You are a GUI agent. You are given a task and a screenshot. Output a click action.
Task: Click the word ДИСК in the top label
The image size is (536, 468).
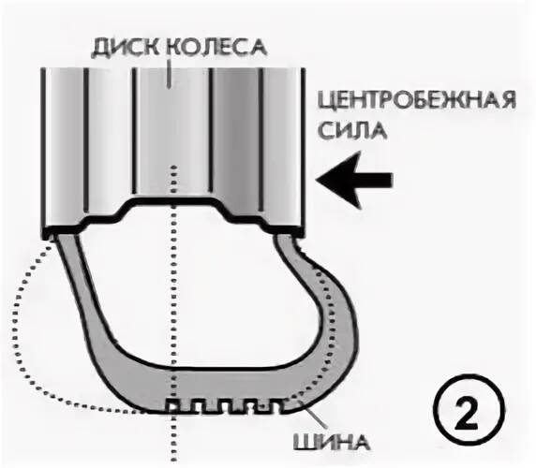[127, 48]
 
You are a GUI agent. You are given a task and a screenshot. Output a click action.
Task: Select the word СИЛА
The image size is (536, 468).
[352, 130]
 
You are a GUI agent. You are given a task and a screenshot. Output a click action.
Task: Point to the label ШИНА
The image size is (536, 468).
[331, 443]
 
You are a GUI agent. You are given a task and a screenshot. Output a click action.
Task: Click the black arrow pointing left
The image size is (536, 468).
[354, 180]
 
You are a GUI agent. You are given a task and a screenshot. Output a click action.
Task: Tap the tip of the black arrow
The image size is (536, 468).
[316, 180]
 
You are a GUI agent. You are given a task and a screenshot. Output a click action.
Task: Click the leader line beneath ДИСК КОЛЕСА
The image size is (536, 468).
[168, 74]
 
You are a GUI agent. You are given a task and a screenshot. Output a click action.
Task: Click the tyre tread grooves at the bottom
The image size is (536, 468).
[225, 406]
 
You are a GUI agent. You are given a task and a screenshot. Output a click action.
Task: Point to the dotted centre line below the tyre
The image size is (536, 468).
[174, 440]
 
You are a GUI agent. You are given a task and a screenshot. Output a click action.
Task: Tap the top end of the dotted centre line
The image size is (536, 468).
[174, 168]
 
